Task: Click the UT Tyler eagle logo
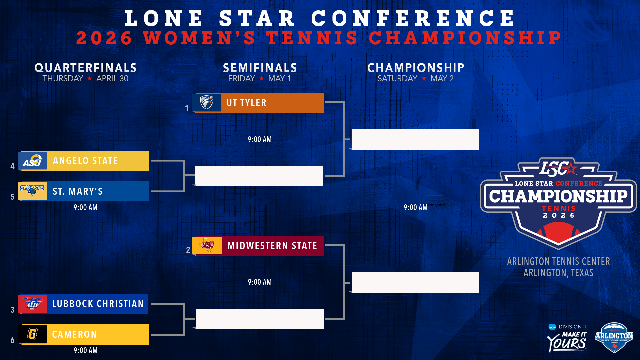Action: [x=207, y=102]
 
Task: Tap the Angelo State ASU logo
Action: [x=32, y=161]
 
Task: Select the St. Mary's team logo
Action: [x=32, y=191]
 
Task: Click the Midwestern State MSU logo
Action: [x=207, y=246]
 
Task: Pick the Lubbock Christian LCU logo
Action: [x=32, y=304]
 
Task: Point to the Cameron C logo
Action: [x=32, y=334]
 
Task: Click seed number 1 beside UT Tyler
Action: [x=187, y=109]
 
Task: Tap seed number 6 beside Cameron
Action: [x=12, y=340]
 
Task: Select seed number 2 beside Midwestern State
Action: [x=188, y=250]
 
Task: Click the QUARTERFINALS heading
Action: [x=86, y=68]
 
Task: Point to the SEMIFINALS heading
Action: [x=260, y=68]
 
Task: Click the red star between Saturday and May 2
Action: [x=424, y=78]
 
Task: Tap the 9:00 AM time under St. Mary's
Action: [x=86, y=207]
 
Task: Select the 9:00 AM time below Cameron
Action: [x=86, y=350]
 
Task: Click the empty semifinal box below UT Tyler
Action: [x=259, y=176]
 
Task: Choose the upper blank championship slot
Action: [x=415, y=139]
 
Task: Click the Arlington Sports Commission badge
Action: [x=614, y=337]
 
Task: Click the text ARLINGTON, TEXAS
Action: [x=558, y=273]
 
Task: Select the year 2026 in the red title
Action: [x=104, y=38]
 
